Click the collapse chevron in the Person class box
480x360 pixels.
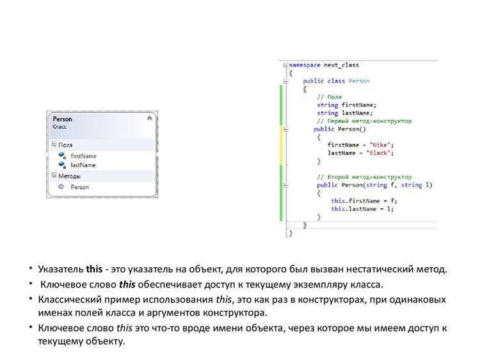[150, 119]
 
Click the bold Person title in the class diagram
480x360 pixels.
[63, 119]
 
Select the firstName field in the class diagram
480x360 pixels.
[83, 156]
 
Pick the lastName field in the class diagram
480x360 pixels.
[83, 165]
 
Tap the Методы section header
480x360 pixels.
[70, 176]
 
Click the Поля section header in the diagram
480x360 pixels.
[65, 145]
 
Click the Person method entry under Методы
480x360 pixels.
[79, 187]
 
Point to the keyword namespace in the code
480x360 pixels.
[305, 65]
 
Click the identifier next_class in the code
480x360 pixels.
[341, 65]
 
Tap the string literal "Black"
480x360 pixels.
[378, 153]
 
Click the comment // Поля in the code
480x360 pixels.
[330, 97]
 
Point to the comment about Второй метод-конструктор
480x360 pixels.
[364, 177]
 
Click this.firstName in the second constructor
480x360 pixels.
[355, 201]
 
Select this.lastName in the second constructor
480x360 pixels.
[353, 209]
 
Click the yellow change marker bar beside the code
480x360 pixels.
[282, 145]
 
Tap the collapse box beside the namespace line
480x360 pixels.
[285, 65]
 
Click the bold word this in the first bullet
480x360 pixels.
[94, 269]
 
